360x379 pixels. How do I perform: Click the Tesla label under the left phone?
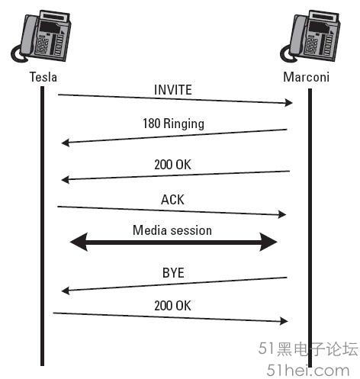point(43,77)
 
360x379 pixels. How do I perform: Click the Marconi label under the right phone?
point(306,77)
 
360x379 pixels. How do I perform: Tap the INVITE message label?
point(173,90)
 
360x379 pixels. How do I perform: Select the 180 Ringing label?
point(173,124)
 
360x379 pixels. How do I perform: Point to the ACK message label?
point(172,200)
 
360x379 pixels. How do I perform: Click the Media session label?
point(172,230)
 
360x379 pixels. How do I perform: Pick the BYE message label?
point(173,273)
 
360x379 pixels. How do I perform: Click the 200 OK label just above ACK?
point(172,165)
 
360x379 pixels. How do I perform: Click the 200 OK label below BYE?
point(172,306)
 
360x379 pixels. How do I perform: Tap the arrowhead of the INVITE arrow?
point(289,103)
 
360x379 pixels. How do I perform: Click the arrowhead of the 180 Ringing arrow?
point(66,143)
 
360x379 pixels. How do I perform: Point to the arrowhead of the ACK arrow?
point(282,214)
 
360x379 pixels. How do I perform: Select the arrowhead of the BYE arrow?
point(66,291)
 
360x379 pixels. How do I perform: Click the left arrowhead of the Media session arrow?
point(79,242)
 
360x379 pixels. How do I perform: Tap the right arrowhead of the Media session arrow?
point(268,242)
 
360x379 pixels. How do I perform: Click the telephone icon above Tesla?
point(41,36)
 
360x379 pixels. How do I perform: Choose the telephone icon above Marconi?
point(310,36)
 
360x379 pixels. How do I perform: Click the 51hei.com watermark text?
point(308,370)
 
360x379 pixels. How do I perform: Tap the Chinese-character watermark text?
point(308,348)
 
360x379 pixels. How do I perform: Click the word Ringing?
point(184,124)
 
